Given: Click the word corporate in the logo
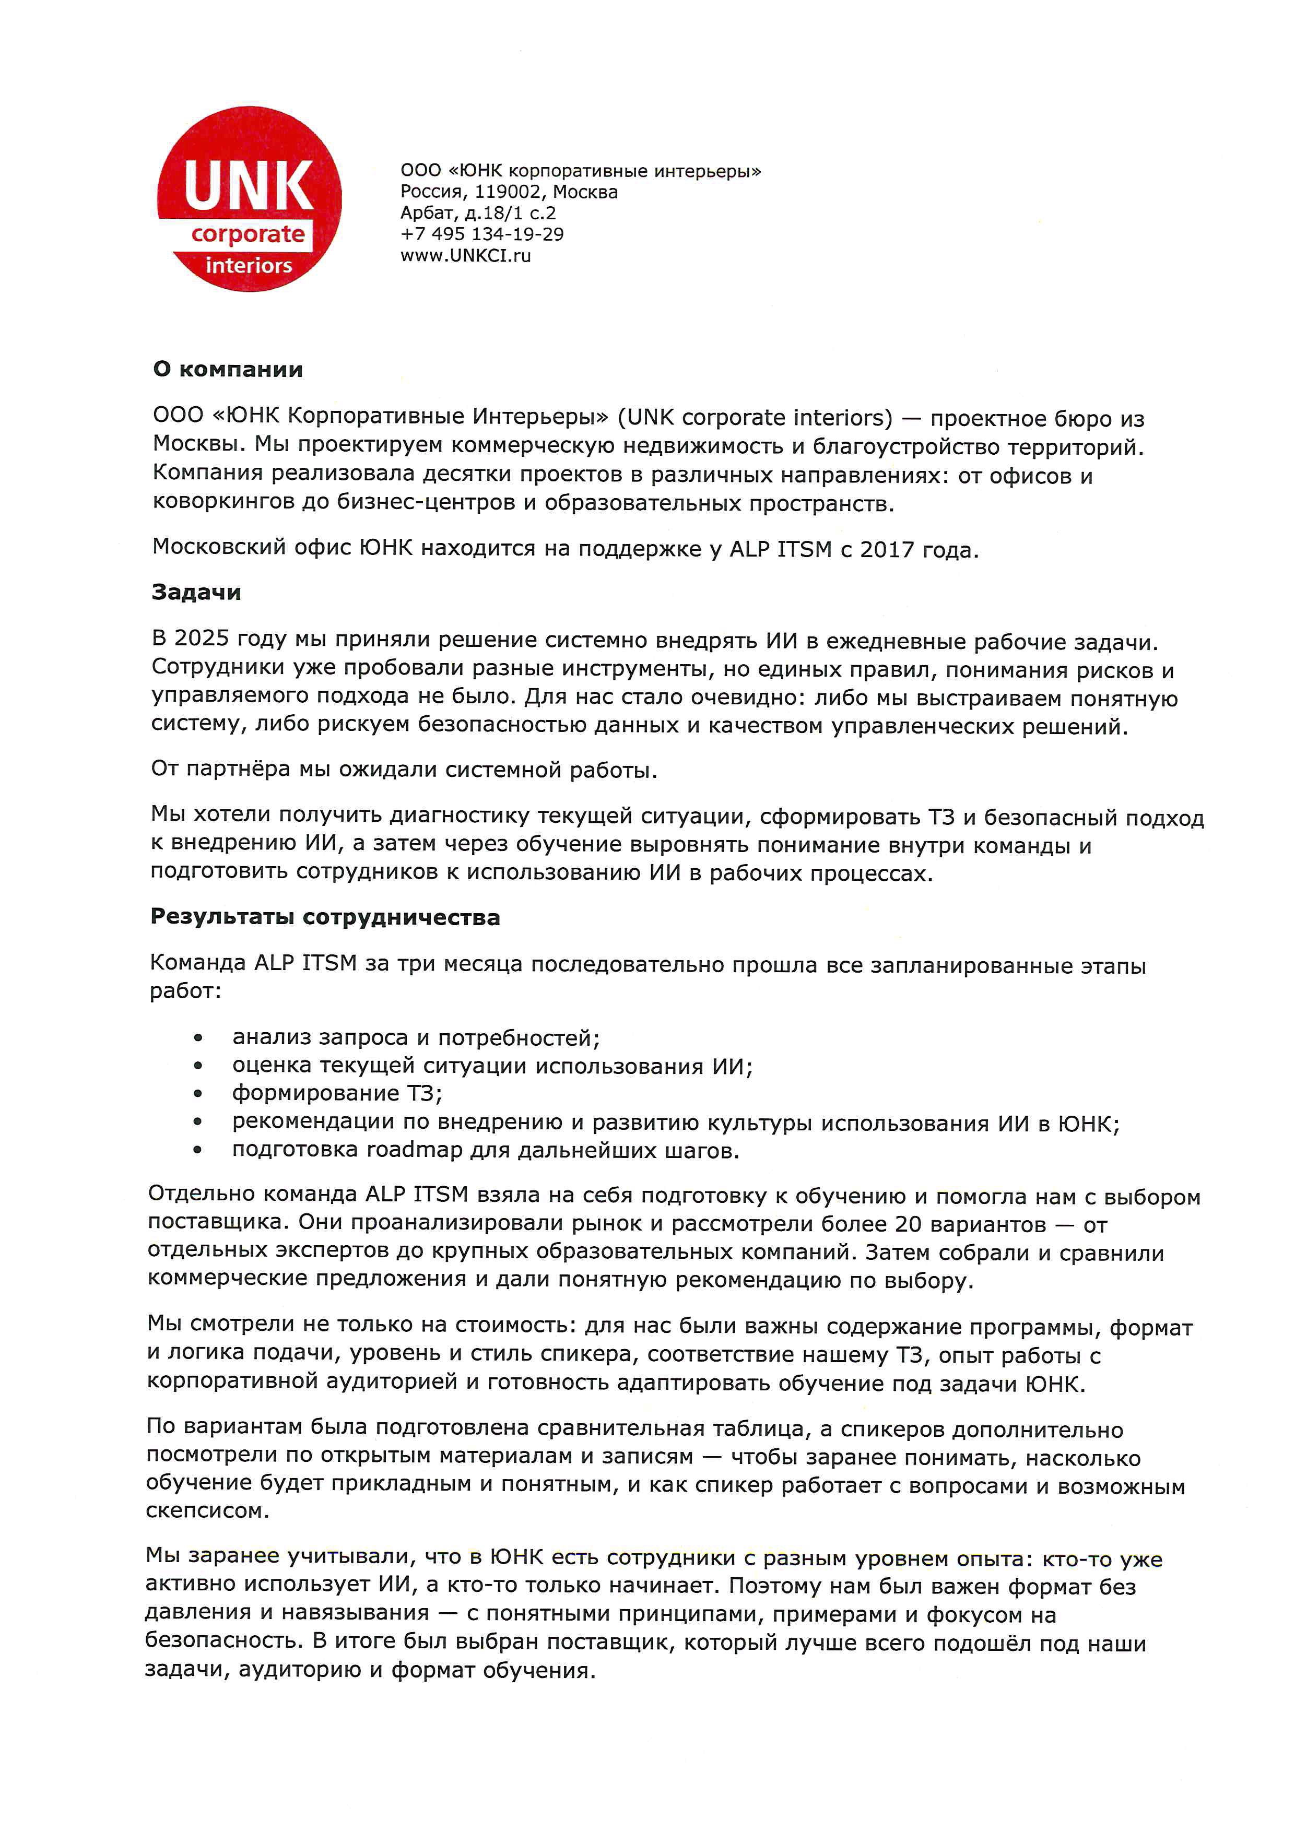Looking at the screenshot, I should [x=248, y=234].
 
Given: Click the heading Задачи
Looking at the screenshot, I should [x=196, y=593].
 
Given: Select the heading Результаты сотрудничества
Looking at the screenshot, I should [x=325, y=918].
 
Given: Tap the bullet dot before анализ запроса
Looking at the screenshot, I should [x=198, y=1038].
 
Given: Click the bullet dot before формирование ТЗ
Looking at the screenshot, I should [x=198, y=1095].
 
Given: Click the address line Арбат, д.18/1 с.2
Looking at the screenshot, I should [x=478, y=213].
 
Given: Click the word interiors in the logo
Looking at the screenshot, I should [x=249, y=266].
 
